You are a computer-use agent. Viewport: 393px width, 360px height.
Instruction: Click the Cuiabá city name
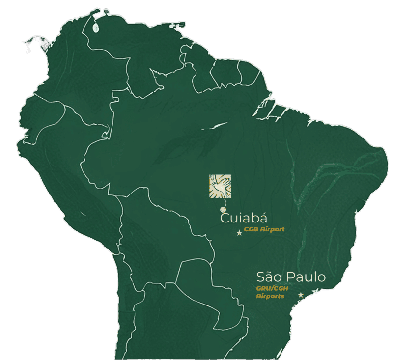[244, 218]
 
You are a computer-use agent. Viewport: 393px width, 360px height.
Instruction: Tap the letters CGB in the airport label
[251, 229]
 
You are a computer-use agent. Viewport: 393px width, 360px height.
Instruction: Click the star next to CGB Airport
[239, 233]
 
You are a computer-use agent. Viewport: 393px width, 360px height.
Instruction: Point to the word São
[270, 277]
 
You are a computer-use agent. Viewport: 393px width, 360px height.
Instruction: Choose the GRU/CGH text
[272, 289]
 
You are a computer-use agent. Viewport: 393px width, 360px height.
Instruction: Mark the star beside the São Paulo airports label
[301, 295]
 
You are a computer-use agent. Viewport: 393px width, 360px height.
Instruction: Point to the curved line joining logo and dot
[225, 202]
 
